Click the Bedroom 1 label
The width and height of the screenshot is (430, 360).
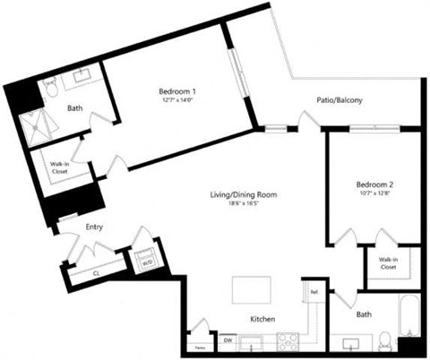tap(177, 91)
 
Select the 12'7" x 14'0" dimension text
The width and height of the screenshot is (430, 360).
tap(177, 101)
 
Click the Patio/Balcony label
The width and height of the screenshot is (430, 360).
tap(339, 101)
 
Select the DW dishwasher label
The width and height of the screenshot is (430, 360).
tap(228, 339)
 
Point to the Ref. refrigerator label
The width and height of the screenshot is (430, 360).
tap(314, 293)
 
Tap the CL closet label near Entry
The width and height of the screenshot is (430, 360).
tap(96, 273)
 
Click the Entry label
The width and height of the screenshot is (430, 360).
tap(94, 227)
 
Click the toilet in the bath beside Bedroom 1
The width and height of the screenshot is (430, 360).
tap(51, 88)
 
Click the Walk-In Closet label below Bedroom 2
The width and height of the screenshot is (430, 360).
tap(387, 262)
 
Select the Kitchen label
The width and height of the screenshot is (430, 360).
tap(262, 320)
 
